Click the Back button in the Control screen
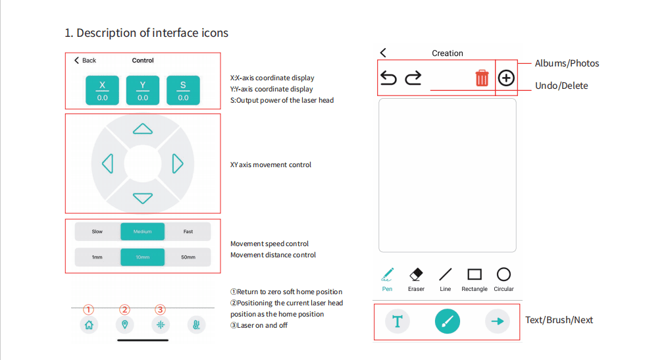click(85, 60)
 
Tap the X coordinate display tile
click(102, 90)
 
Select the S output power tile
click(184, 90)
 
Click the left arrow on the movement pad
click(108, 164)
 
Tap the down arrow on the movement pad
click(143, 198)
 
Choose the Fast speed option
click(188, 232)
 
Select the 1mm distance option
click(97, 257)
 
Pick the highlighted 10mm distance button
click(143, 257)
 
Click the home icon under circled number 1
click(89, 325)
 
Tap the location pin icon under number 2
click(125, 325)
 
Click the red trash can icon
click(482, 78)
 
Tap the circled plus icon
click(506, 78)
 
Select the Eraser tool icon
click(416, 274)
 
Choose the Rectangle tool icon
click(475, 274)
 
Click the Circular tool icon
click(503, 274)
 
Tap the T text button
click(398, 321)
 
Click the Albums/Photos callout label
click(567, 63)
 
